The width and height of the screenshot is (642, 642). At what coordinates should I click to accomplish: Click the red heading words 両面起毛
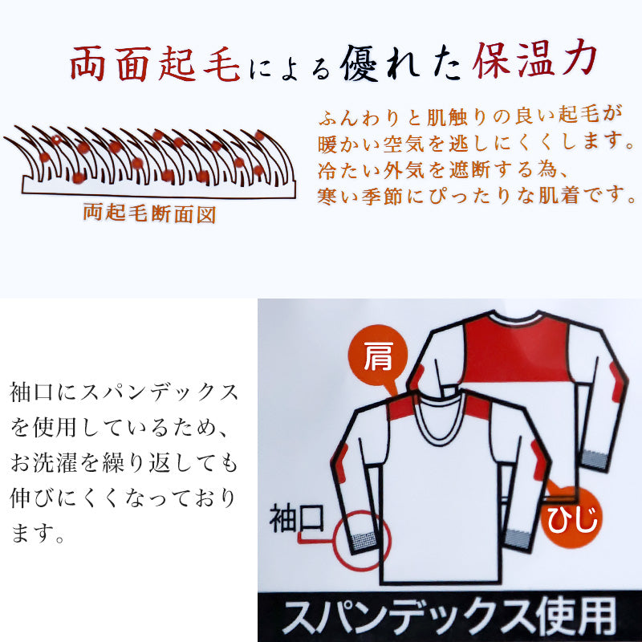pos(155,64)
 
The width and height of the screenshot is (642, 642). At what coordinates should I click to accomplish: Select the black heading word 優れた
pos(400,64)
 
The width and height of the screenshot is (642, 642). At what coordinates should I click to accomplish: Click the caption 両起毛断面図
pos(149,213)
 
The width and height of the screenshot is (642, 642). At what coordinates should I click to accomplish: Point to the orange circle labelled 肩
pos(377,356)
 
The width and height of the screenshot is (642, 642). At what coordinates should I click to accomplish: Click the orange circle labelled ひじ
pos(571,518)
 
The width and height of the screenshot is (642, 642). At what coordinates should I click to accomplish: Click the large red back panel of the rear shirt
pos(517,350)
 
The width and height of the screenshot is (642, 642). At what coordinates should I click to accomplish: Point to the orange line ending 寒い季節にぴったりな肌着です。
pos(477,195)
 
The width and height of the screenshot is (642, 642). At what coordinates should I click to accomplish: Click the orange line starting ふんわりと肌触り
pos(470,116)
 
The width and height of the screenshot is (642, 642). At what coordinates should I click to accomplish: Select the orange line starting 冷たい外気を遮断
pos(442,169)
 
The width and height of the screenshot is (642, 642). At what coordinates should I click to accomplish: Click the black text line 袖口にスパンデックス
pos(124,392)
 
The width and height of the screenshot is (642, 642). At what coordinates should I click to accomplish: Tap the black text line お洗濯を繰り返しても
pos(124,463)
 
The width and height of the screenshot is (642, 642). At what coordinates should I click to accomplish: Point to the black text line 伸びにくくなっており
pos(124,498)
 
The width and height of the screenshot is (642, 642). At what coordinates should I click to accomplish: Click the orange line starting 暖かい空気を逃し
pos(476,143)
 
